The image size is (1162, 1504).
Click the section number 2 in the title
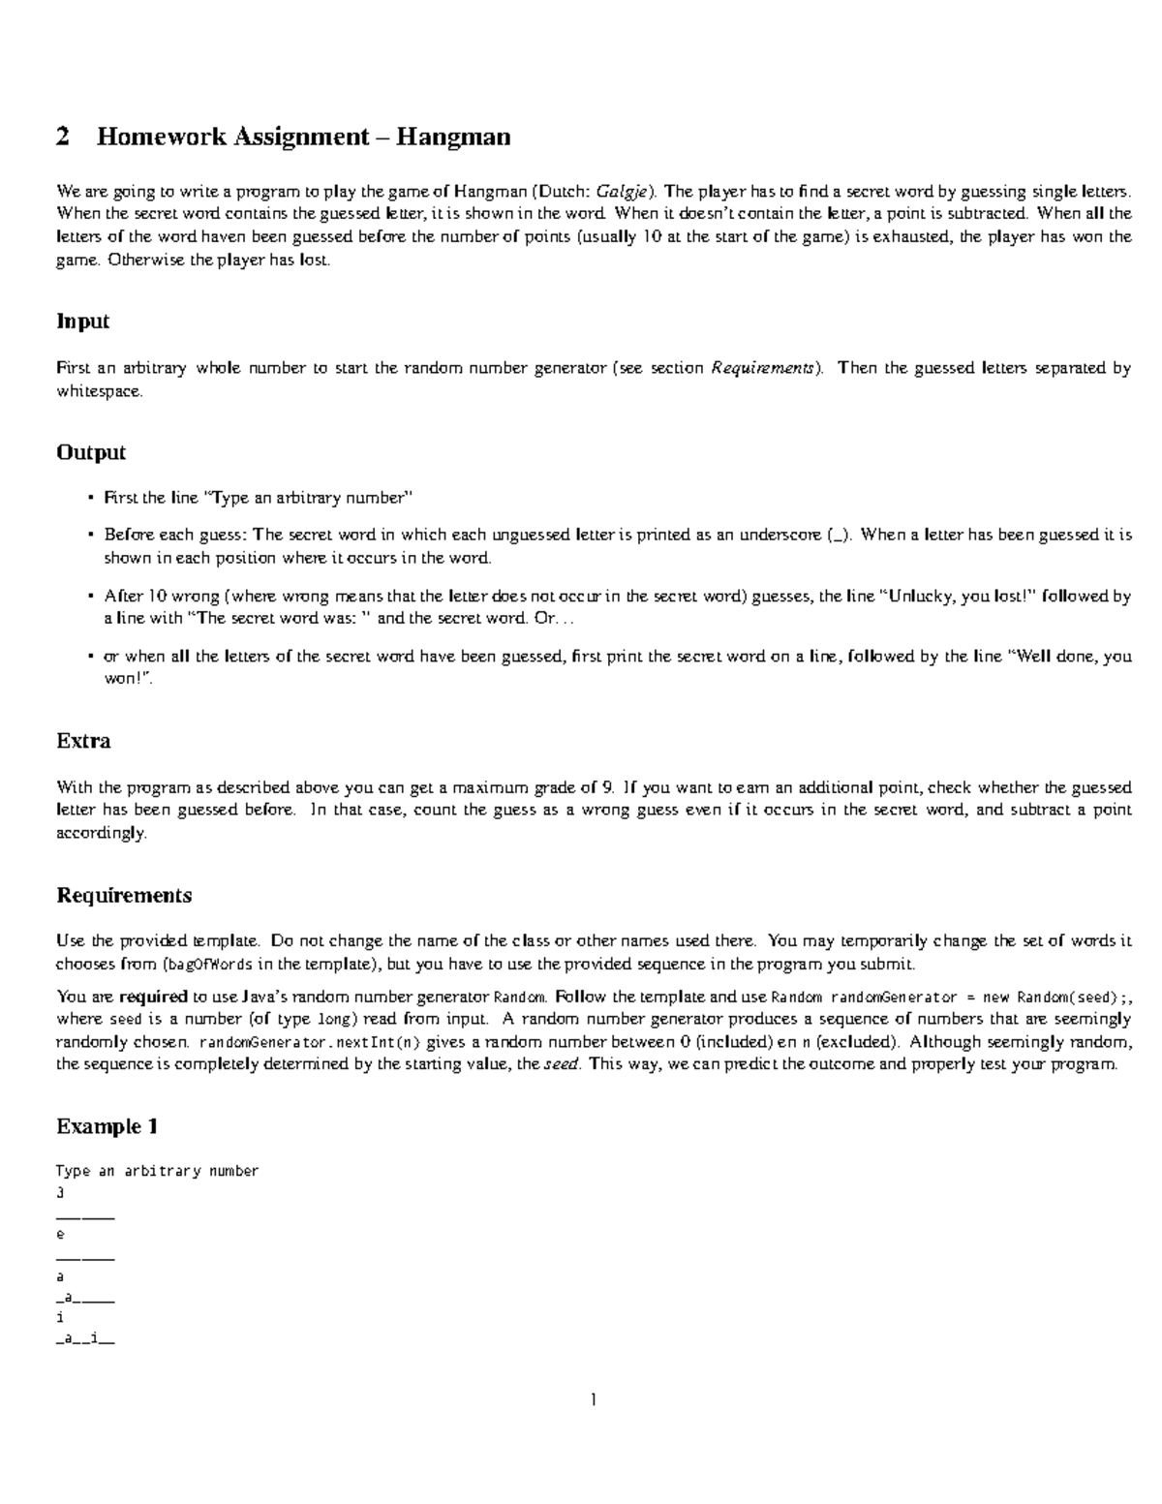[x=63, y=138]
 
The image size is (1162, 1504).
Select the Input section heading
[x=82, y=322]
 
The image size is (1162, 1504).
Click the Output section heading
[x=91, y=452]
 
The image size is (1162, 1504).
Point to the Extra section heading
[x=83, y=741]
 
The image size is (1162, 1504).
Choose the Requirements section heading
[x=124, y=895]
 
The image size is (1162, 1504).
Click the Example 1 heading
[x=107, y=1126]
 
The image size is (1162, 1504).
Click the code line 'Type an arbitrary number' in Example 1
[x=158, y=1171]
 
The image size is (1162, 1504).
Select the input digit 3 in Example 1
[x=61, y=1193]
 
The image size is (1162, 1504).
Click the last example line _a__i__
[x=85, y=1341]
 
